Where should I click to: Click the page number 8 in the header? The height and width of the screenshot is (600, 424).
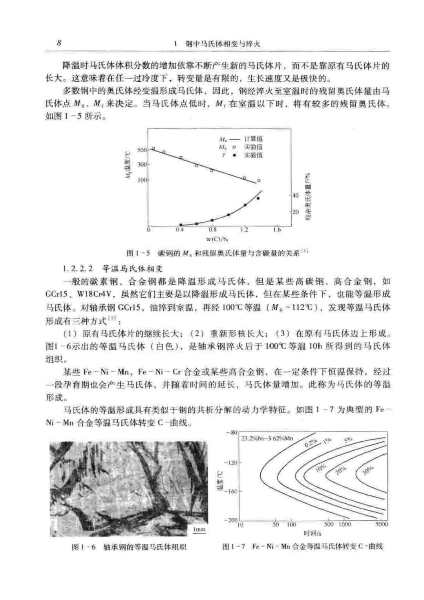(x=58, y=42)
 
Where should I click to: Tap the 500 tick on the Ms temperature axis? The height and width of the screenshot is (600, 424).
(x=142, y=150)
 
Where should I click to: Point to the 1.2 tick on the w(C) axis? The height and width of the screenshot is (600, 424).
(x=244, y=230)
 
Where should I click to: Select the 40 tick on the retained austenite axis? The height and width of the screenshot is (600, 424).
(x=296, y=195)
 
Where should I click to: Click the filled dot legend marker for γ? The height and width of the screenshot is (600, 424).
(x=235, y=155)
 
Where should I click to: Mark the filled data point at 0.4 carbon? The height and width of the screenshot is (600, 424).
(x=181, y=225)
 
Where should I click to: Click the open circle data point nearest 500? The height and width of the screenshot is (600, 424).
(x=153, y=149)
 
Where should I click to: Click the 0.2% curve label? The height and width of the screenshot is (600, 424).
(x=311, y=444)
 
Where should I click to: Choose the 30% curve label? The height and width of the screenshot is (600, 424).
(x=367, y=470)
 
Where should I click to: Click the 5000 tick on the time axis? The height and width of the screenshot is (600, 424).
(x=381, y=524)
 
